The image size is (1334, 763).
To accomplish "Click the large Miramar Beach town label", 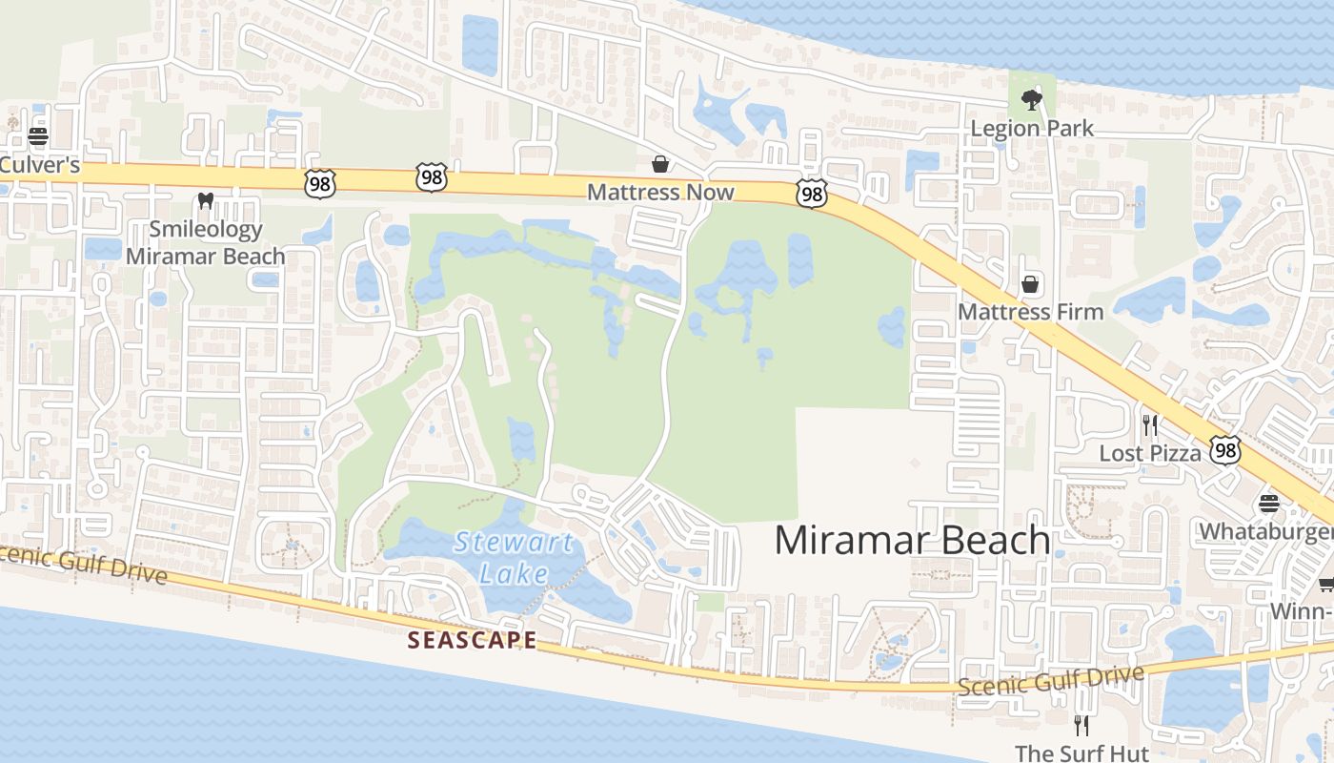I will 912,540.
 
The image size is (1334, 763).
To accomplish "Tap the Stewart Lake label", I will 514,558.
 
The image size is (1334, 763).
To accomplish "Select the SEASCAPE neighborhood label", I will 473,640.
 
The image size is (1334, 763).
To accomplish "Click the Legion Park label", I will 1032,128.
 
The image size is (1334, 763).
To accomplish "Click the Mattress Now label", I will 660,192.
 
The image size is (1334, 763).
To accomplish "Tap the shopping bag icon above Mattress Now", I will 659,164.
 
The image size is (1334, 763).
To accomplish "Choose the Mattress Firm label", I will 1030,312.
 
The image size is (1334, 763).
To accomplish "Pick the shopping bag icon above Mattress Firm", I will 1030,283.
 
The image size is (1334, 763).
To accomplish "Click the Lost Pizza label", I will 1150,453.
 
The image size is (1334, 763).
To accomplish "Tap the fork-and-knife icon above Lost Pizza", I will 1150,424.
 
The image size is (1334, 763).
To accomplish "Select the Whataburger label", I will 1265,530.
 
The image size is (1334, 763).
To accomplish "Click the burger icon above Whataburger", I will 1268,502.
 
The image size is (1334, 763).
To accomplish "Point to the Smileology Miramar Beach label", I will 205,242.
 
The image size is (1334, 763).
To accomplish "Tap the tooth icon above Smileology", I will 204,201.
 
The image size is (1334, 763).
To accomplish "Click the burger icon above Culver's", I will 38,135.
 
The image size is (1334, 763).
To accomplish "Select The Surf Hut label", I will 1081,753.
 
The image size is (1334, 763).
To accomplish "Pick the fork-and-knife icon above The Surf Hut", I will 1081,725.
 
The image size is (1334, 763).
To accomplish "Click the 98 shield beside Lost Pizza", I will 1225,450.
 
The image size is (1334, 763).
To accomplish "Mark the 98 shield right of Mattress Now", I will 812,195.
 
